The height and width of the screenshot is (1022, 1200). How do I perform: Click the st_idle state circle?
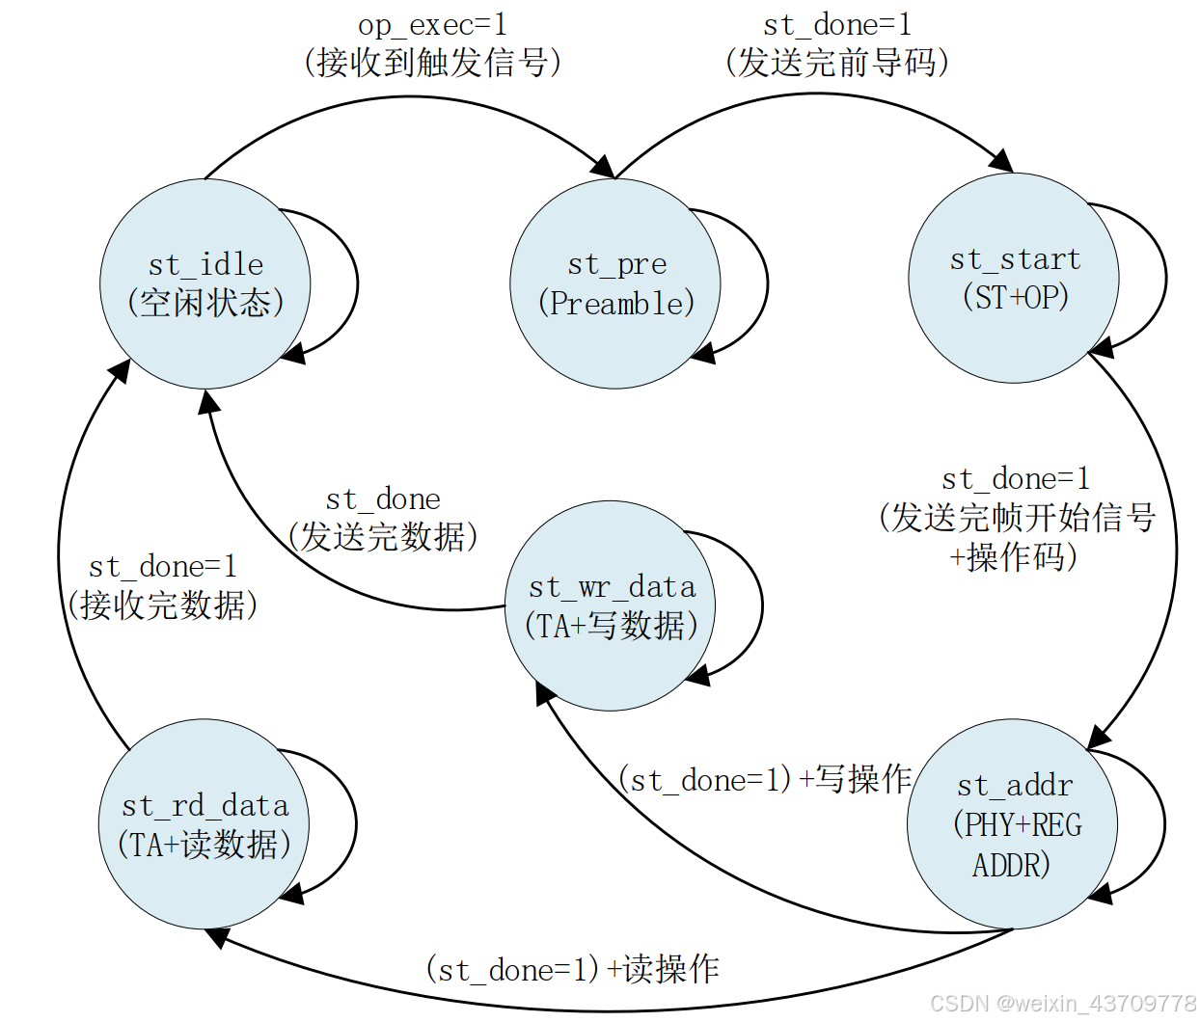point(205,284)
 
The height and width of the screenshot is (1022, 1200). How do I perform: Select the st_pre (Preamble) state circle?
point(615,284)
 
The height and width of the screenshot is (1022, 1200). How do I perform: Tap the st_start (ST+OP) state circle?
point(1014,279)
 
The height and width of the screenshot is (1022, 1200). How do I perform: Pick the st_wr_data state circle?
point(611,606)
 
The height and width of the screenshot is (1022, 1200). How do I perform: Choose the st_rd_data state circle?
point(204,824)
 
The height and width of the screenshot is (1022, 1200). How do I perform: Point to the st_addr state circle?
point(1013,824)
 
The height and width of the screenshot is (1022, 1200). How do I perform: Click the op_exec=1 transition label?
point(432,24)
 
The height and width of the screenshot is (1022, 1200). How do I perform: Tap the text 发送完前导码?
point(836,63)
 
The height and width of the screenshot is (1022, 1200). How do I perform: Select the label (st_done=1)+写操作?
point(765,779)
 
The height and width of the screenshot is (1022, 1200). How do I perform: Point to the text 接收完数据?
point(162,605)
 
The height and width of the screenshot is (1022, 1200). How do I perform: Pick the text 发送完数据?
point(383,537)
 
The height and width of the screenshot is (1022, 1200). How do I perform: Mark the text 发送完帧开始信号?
point(1017,518)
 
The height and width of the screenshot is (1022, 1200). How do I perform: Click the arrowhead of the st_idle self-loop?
point(293,355)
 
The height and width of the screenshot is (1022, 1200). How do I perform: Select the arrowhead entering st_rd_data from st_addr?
point(218,935)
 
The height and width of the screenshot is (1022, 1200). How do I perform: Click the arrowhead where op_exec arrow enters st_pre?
point(604,167)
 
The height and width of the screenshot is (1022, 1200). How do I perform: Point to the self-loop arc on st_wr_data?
point(760,605)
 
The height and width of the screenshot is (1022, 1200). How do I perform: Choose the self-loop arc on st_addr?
point(1163,824)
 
